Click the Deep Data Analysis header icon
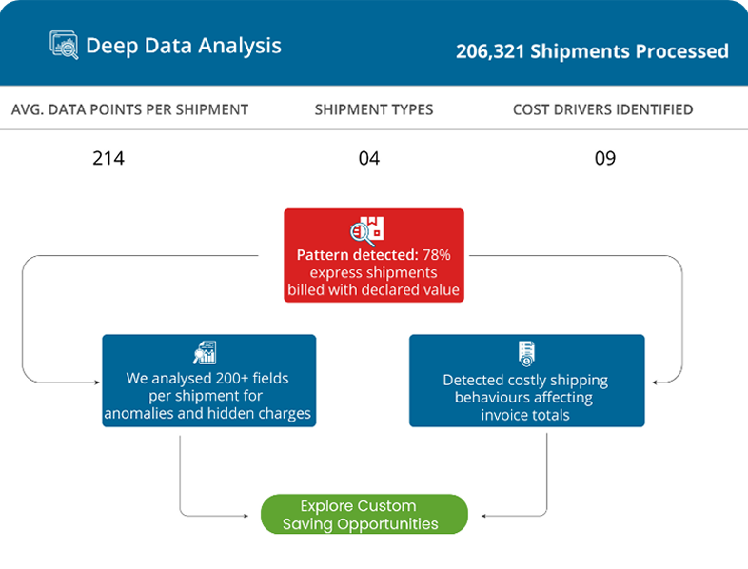click(64, 46)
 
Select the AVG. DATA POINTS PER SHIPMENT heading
click(129, 109)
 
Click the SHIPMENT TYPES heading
click(374, 109)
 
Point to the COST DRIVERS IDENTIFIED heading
click(602, 109)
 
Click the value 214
click(108, 158)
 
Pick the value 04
click(369, 158)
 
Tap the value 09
click(605, 158)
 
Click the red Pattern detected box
click(374, 255)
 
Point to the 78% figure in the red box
click(437, 255)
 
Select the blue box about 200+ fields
click(208, 380)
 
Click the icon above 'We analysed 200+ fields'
click(206, 352)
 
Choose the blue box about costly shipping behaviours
click(526, 380)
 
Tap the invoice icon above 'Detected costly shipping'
click(525, 353)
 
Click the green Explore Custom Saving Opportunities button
click(364, 515)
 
